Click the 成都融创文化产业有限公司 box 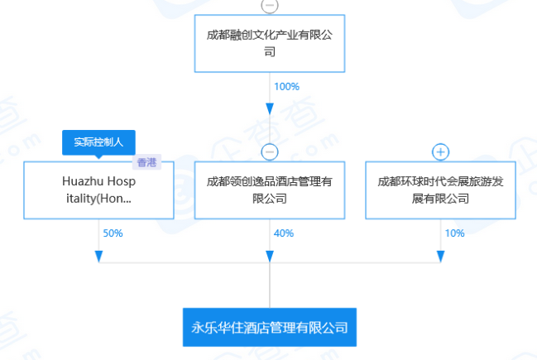point(270,43)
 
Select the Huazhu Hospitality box point(98,190)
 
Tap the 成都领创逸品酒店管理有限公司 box point(270,190)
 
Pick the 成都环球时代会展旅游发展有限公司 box point(440,190)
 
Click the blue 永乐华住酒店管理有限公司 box point(270,327)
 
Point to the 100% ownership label point(285,86)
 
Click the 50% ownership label point(113,233)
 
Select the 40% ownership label point(284,233)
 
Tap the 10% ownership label point(454,233)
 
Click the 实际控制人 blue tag point(98,142)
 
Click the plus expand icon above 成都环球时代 point(441,151)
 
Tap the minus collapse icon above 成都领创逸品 point(270,151)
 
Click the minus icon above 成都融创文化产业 point(270,5)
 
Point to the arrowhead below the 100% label point(270,110)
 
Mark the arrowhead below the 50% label point(98,256)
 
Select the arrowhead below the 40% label point(270,256)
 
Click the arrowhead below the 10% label point(440,256)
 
